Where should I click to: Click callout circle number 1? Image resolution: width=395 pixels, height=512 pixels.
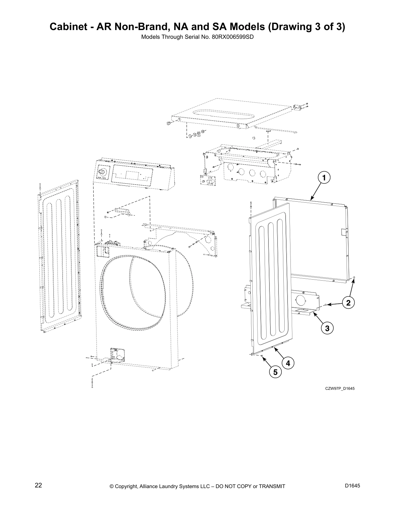click(324, 177)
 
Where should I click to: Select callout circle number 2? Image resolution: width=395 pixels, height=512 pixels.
click(348, 303)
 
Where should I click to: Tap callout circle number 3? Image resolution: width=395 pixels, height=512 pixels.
click(327, 329)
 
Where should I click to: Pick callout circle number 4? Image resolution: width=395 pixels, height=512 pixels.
click(288, 363)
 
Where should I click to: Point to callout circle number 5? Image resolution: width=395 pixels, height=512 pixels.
click(275, 372)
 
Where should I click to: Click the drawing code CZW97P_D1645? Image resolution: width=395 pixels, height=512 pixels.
click(340, 388)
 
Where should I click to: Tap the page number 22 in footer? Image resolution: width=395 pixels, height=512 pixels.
click(38, 485)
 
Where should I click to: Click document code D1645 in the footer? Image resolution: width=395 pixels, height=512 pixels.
click(352, 485)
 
